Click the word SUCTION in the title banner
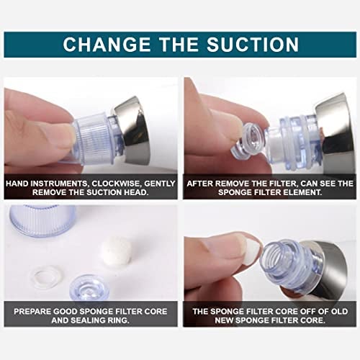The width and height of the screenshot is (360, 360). coord(253,44)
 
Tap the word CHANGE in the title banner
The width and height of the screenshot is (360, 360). coord(107,44)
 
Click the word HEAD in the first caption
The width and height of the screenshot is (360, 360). coord(135,192)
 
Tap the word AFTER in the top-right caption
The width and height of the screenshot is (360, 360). coord(200,184)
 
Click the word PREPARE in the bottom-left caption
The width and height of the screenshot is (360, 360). coord(32,312)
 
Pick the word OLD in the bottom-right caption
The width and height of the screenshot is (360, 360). coord(339,312)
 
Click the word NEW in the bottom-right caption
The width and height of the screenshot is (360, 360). coord(224,320)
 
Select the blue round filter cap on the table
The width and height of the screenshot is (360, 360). coord(89,289)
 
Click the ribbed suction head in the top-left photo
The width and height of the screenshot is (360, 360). coord(95,139)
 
